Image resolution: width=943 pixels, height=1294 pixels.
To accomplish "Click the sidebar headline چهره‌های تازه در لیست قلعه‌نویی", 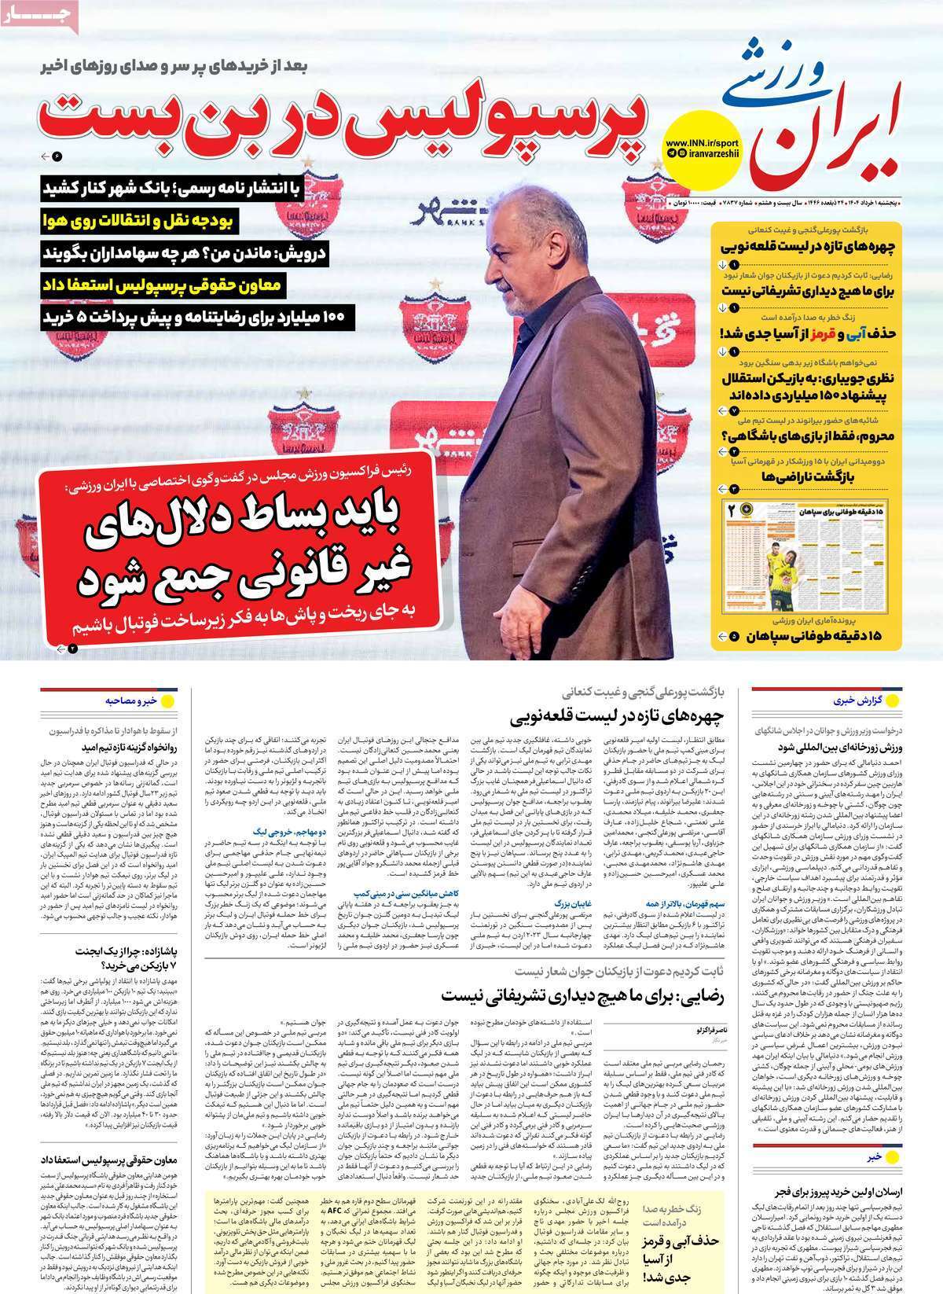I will [x=809, y=245].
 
